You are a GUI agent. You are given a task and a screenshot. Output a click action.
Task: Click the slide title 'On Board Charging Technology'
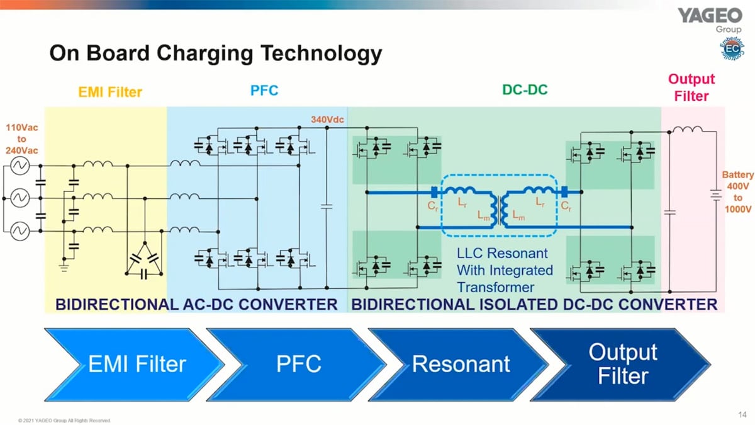(x=216, y=53)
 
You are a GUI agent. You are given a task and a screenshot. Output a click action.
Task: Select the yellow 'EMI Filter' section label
(x=110, y=93)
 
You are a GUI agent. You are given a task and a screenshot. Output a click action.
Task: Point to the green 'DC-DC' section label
(x=525, y=90)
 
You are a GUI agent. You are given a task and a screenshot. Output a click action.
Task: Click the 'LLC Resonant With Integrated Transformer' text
(x=503, y=270)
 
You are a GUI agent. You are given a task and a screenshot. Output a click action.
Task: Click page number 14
(x=741, y=414)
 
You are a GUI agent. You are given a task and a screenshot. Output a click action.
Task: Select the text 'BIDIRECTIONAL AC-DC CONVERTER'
(x=196, y=305)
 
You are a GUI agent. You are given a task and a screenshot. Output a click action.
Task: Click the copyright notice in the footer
(x=64, y=420)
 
